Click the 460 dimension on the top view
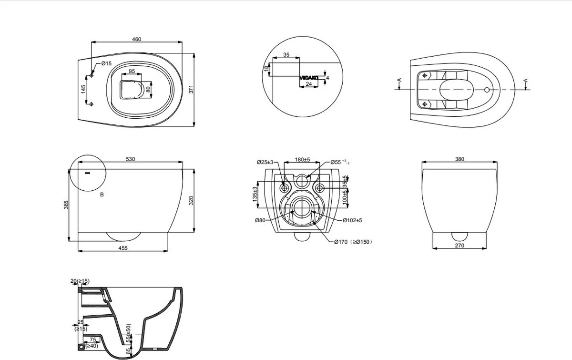[136, 40]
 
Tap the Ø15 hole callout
[106, 63]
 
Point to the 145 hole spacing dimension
[83, 89]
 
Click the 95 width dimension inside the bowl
[132, 71]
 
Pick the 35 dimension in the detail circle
[286, 55]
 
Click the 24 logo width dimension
[308, 84]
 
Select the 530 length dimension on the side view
[130, 159]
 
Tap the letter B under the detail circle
[102, 195]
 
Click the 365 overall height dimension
[66, 205]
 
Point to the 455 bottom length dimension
[123, 248]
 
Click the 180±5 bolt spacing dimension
[302, 160]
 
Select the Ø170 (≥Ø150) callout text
[353, 242]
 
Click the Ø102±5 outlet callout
[352, 220]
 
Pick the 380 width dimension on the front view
[459, 159]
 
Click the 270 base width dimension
[459, 246]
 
